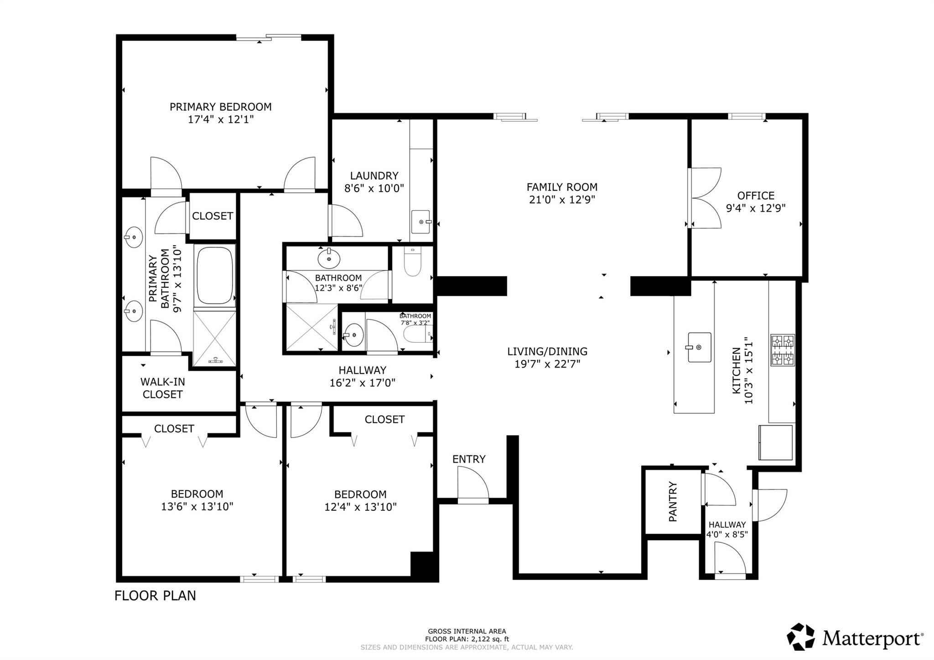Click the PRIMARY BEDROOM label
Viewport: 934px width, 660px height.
tap(220, 107)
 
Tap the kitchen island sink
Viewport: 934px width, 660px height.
tap(699, 347)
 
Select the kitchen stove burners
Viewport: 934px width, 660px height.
tap(782, 350)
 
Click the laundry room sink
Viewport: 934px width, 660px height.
tap(420, 222)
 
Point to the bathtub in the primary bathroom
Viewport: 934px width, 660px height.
tap(215, 275)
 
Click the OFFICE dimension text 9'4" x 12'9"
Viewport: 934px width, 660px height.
tap(756, 208)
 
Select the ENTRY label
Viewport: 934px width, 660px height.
tap(468, 459)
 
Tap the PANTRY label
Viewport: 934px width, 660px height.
tap(673, 501)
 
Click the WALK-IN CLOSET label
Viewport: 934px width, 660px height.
tap(162, 388)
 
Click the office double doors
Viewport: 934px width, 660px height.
tap(705, 198)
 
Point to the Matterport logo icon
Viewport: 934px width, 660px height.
tap(801, 636)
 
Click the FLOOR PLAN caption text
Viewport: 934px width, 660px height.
tap(155, 596)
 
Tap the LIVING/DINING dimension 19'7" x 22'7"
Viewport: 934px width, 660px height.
tap(547, 364)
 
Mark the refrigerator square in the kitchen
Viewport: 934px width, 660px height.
tap(775, 442)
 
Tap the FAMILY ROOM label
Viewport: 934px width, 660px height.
tap(561, 187)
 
